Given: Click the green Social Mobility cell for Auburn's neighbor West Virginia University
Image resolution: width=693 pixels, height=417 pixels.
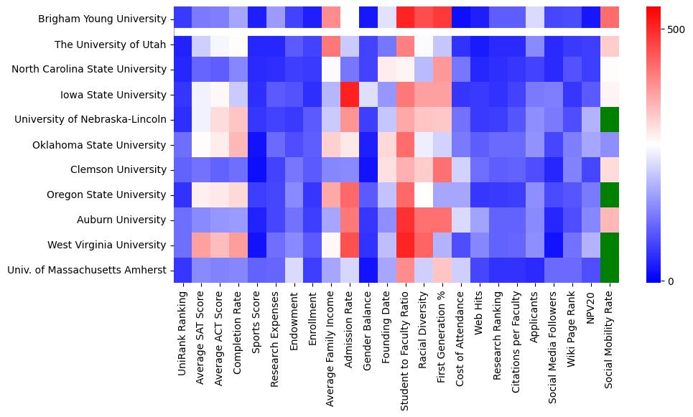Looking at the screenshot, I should coord(609,245).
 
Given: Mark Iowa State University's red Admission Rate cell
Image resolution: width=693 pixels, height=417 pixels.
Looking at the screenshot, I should coord(350,94).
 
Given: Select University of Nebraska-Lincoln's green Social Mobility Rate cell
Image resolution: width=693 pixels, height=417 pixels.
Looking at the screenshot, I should coord(609,119).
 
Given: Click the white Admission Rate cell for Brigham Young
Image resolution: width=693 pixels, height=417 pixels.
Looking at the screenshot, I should coord(350,19).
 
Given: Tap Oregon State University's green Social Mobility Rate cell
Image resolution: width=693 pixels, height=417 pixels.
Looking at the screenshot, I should coord(609,195).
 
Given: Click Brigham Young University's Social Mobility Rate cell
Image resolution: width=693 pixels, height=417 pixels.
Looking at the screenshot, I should coord(609,19).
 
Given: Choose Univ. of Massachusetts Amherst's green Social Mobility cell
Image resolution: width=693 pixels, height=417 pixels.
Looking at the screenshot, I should coord(609,270).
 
